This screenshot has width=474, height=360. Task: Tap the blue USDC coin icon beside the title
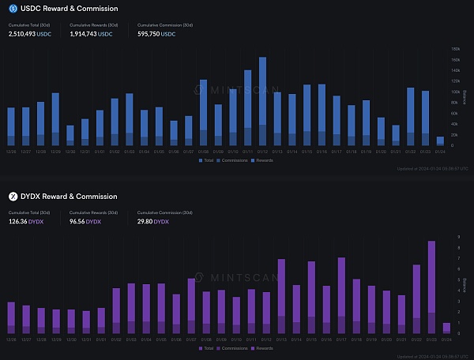tap(13, 9)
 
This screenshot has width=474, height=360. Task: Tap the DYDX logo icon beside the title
tap(13, 196)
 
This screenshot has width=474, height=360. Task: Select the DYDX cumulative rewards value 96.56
tap(81, 222)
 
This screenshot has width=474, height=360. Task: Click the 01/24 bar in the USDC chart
tap(440, 141)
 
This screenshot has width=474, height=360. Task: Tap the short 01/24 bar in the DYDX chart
tap(446, 327)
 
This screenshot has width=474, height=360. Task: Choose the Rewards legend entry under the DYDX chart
tap(265, 347)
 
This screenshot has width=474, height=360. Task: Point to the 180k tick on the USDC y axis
tap(456, 48)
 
